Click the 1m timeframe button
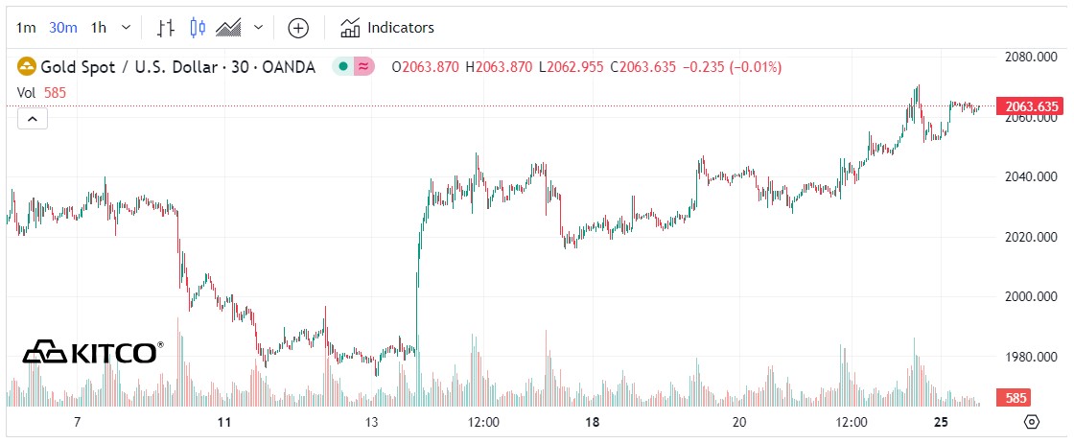(27, 28)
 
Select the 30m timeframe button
(63, 28)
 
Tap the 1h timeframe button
(99, 28)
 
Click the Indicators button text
(400, 28)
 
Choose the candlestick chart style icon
(198, 28)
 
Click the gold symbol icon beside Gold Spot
(26, 67)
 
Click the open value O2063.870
(426, 67)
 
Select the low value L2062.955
(572, 67)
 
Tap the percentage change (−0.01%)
(756, 67)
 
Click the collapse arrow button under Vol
(32, 119)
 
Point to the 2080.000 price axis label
(1030, 58)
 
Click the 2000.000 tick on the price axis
(1030, 296)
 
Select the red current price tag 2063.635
(1030, 106)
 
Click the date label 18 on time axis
(593, 423)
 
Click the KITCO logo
(92, 352)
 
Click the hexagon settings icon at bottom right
(1031, 422)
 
